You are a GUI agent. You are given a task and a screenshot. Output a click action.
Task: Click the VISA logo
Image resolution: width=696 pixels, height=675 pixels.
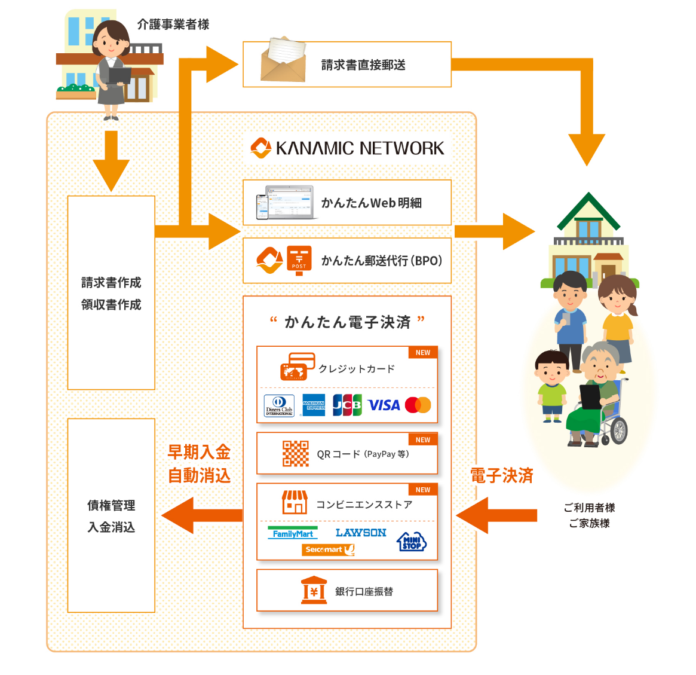384,405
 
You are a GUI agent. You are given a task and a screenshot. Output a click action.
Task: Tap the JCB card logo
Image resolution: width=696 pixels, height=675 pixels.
347,405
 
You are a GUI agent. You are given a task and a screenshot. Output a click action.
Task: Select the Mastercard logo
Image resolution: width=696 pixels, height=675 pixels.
418,405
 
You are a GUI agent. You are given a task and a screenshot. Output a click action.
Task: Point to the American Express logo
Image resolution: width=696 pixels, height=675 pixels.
314,405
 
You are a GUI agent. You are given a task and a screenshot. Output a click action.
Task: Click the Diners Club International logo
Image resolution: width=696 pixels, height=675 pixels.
279,405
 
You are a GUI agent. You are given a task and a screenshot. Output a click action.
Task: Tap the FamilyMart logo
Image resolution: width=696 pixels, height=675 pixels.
293,533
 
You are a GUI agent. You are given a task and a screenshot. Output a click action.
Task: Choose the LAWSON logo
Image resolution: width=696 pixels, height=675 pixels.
361,533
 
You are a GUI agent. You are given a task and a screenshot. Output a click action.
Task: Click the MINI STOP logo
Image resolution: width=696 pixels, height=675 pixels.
412,542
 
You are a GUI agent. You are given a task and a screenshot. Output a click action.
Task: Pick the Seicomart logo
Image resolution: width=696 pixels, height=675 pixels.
328,549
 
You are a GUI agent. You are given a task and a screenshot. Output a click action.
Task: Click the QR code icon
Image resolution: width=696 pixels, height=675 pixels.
296,453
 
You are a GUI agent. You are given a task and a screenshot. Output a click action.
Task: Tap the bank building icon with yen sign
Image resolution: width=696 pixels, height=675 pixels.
314,591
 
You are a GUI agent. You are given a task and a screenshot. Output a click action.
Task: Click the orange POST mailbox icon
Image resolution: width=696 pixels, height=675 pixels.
299,260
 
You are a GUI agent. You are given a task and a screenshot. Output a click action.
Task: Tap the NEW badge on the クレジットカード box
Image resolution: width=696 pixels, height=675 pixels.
423,353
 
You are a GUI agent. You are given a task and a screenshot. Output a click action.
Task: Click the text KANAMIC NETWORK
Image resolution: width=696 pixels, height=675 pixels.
360,148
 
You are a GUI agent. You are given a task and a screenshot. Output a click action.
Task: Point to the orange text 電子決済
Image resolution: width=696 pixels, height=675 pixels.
501,476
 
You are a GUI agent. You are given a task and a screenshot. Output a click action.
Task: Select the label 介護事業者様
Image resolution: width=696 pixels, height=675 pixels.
173,25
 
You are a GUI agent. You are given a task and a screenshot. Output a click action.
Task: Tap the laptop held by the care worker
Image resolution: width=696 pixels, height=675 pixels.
119,76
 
